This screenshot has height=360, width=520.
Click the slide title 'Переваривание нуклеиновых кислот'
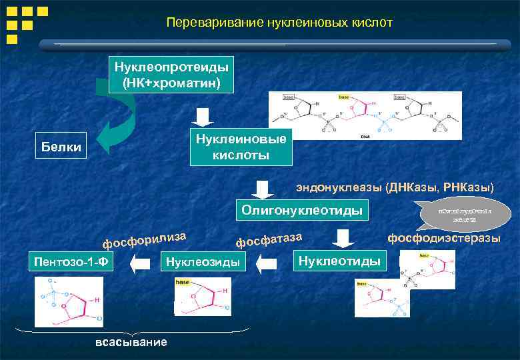[x=279, y=23]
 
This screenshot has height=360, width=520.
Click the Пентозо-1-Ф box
[x=70, y=262]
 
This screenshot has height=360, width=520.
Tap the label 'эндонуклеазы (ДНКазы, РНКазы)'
[x=395, y=187]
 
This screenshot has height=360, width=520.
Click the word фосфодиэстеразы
[x=443, y=239]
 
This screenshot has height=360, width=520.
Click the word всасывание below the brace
[x=131, y=342]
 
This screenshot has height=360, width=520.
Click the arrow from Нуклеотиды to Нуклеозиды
[x=267, y=265]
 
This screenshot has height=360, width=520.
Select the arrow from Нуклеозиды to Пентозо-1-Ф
[x=140, y=265]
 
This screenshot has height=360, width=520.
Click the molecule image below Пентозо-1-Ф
[x=67, y=301]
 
